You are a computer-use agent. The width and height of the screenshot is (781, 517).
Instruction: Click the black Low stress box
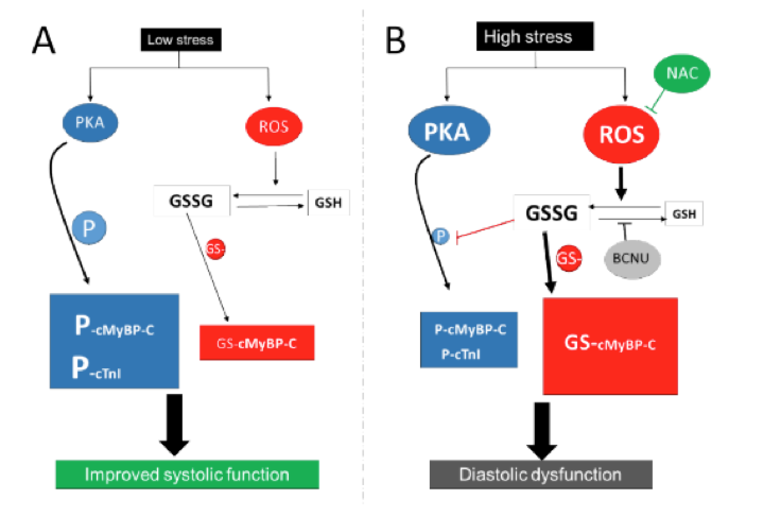pyautogui.click(x=180, y=40)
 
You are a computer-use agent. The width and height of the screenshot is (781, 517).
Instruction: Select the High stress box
pyautogui.click(x=534, y=37)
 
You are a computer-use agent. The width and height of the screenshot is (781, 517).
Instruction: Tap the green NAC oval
pyautogui.click(x=681, y=73)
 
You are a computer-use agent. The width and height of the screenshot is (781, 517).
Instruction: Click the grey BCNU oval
pyautogui.click(x=630, y=258)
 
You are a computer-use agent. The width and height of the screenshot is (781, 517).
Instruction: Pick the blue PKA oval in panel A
pyautogui.click(x=90, y=123)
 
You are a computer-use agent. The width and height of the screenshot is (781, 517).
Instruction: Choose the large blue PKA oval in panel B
pyautogui.click(x=448, y=132)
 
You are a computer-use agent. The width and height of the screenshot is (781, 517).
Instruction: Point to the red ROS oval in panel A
pyautogui.click(x=274, y=126)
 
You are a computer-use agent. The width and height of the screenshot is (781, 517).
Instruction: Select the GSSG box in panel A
pyautogui.click(x=192, y=201)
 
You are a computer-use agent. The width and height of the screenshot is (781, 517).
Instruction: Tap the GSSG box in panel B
pyautogui.click(x=552, y=213)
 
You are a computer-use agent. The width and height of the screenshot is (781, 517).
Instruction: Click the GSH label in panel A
pyautogui.click(x=328, y=202)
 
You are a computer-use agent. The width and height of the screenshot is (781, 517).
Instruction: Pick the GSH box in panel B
pyautogui.click(x=684, y=214)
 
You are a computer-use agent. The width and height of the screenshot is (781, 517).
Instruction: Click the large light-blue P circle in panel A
pyautogui.click(x=89, y=228)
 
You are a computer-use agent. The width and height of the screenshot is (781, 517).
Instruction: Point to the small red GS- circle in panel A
pyautogui.click(x=215, y=249)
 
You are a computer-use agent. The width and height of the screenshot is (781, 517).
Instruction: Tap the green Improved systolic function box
pyautogui.click(x=187, y=474)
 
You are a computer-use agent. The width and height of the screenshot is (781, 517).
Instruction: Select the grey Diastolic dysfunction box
pyautogui.click(x=540, y=474)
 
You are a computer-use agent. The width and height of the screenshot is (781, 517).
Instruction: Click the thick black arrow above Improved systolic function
pyautogui.click(x=174, y=425)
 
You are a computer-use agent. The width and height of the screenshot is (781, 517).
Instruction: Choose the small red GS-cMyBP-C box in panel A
pyautogui.click(x=257, y=343)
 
